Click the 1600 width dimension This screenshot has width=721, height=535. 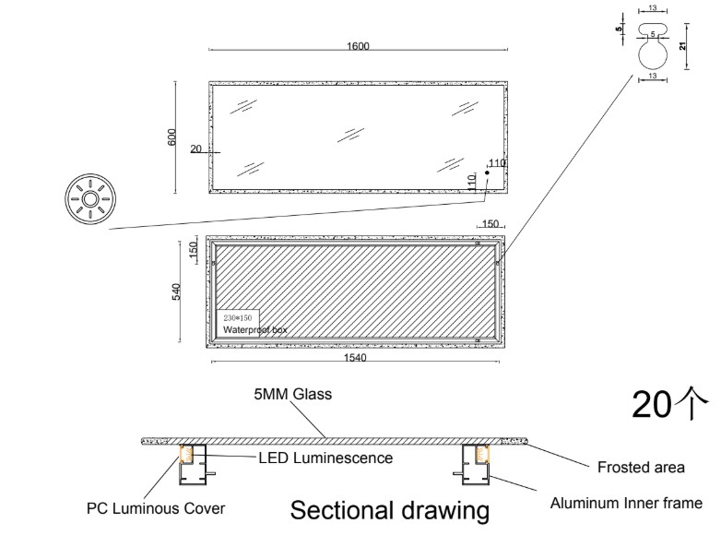(x=359, y=46)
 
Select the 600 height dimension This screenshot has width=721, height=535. (x=171, y=137)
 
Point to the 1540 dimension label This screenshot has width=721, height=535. (x=356, y=357)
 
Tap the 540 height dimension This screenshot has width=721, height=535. (x=175, y=291)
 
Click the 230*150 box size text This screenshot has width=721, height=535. (x=237, y=316)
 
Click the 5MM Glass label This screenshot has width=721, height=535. (x=293, y=395)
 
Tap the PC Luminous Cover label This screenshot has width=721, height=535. (x=156, y=507)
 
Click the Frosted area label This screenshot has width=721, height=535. (x=641, y=467)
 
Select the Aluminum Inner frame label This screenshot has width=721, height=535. (x=626, y=503)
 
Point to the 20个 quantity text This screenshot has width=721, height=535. (x=669, y=403)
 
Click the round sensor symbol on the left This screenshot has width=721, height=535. (x=91, y=198)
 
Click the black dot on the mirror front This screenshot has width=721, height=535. (x=487, y=172)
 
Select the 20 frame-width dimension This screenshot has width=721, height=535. (x=195, y=148)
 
